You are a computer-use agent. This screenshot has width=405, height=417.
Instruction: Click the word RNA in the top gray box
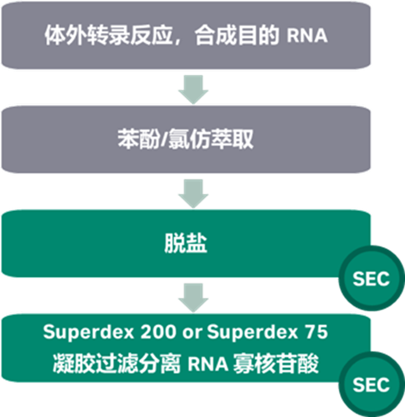(x=307, y=36)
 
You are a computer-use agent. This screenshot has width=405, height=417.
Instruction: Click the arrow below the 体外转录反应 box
(x=193, y=90)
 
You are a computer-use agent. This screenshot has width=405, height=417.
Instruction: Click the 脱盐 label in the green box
(x=185, y=244)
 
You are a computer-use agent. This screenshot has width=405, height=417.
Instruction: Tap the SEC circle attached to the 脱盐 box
(x=370, y=279)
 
